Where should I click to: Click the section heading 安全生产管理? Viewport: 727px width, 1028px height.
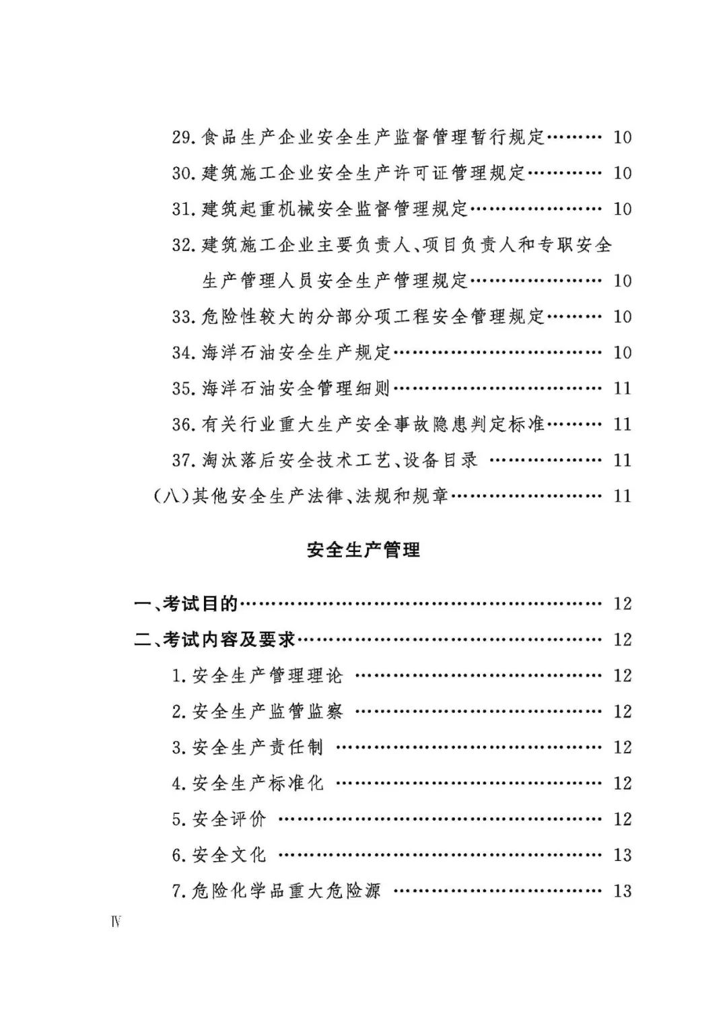363,550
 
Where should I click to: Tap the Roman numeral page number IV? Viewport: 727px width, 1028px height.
116,921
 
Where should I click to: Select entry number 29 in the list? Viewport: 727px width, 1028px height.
183,137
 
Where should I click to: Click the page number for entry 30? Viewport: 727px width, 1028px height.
622,173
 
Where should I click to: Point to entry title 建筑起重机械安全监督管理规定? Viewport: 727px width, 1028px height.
335,209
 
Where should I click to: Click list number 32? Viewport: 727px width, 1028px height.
183,245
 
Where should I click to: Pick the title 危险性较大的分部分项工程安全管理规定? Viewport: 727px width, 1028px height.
373,316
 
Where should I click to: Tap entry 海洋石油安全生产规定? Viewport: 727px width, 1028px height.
296,352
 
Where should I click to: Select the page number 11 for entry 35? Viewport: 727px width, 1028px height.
622,388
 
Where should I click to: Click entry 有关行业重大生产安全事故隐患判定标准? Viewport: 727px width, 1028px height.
373,424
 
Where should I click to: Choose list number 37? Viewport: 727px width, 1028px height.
183,460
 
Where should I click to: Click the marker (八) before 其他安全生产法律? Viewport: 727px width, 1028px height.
172,496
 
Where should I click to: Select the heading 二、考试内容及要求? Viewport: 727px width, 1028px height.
215,640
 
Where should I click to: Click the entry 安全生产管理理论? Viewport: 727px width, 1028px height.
267,675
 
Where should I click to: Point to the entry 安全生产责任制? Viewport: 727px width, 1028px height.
258,747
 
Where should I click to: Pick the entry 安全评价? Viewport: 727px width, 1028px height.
230,819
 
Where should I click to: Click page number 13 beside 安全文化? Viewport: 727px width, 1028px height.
622,855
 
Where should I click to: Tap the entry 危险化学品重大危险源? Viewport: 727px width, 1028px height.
287,891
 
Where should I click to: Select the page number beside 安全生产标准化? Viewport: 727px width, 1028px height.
622,783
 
